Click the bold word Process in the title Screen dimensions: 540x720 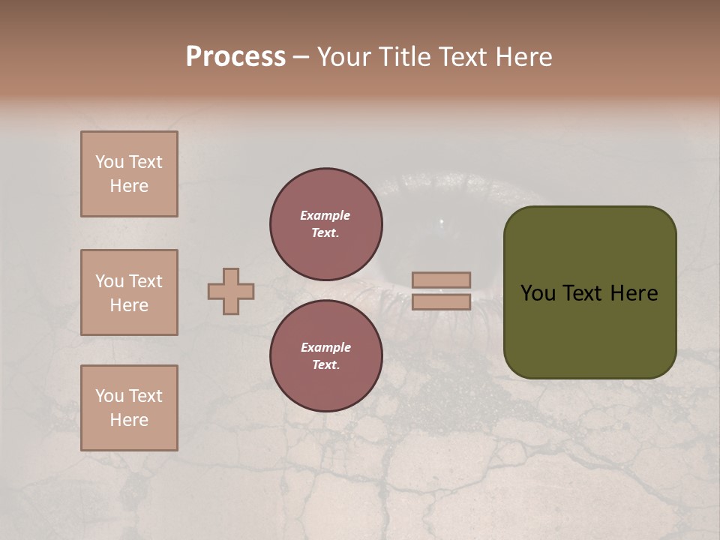tap(235, 57)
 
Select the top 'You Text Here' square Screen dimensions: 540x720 tap(129, 174)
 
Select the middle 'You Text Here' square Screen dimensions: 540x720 tap(129, 292)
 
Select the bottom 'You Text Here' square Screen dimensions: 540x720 tap(129, 408)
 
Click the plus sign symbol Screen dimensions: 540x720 tap(231, 291)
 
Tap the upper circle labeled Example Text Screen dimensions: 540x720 tap(325, 223)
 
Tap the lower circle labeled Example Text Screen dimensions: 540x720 tap(325, 355)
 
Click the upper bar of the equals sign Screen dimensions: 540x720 tap(441, 280)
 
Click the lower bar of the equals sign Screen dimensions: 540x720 tap(441, 302)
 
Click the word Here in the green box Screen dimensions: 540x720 tap(634, 293)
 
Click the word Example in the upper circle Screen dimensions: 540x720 tap(325, 215)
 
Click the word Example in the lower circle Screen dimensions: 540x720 tap(325, 347)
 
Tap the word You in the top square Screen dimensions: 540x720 tap(109, 162)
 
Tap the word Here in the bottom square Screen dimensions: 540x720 tap(129, 420)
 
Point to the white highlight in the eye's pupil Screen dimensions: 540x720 tap(441, 221)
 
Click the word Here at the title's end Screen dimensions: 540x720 tap(523, 57)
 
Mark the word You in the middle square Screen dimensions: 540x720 tap(109, 281)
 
